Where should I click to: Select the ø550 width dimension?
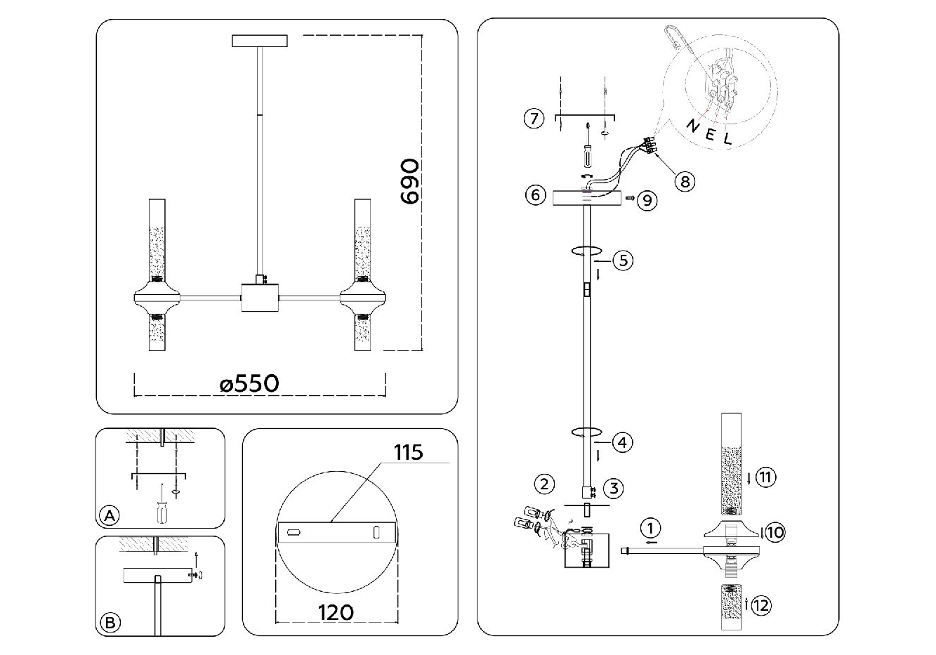tap(249, 383)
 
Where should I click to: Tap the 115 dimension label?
tap(408, 453)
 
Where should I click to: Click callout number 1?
tap(650, 527)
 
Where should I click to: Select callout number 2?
tap(544, 483)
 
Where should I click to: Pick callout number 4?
tap(622, 442)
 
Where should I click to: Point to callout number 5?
tap(622, 260)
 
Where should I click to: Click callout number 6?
tap(535, 194)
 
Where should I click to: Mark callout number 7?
tap(534, 119)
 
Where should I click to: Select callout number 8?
tap(684, 180)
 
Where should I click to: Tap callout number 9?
tap(647, 201)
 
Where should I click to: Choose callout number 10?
tap(774, 533)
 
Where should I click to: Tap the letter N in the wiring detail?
tap(692, 126)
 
